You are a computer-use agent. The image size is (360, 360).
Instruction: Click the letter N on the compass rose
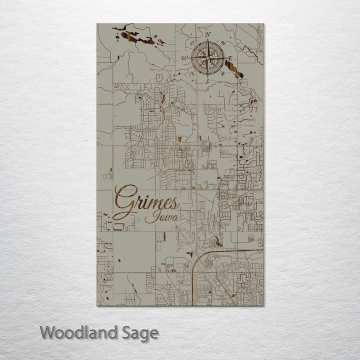(207, 34)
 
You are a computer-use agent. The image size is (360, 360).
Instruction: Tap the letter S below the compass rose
(206, 82)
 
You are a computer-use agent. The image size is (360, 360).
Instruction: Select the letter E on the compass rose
(230, 58)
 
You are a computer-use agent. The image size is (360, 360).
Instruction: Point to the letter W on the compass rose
(183, 58)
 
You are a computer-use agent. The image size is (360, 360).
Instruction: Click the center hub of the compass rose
(207, 58)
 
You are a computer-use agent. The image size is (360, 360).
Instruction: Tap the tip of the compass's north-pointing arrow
(207, 40)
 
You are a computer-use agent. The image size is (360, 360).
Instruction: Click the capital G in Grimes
(125, 200)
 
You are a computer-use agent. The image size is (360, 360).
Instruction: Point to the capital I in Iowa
(149, 217)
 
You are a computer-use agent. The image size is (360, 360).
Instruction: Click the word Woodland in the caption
(79, 332)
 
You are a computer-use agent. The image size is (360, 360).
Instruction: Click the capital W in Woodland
(48, 332)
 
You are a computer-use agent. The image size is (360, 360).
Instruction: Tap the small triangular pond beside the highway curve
(219, 242)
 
